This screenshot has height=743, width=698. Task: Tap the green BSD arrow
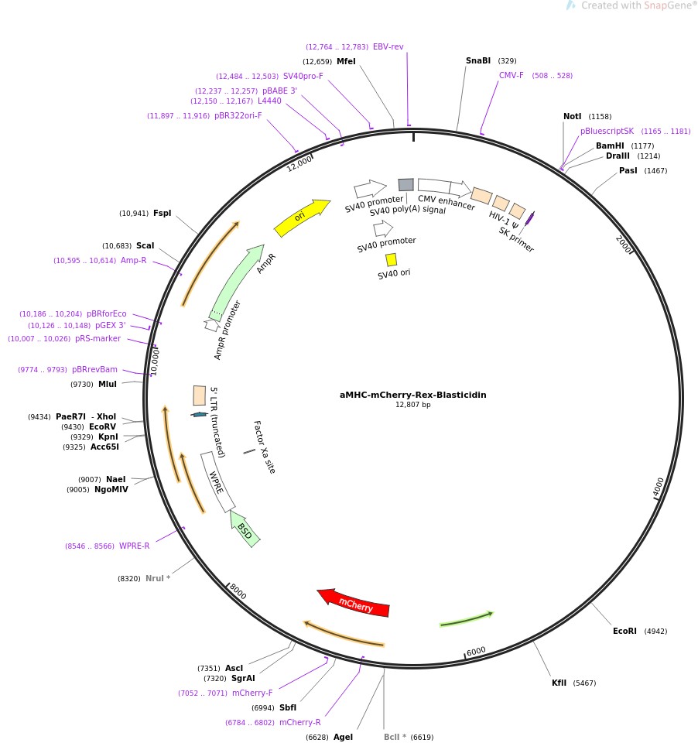point(245,530)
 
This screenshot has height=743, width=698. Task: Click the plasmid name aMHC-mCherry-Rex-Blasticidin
point(412,395)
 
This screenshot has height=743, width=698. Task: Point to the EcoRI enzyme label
point(624,631)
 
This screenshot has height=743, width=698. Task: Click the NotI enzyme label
point(572,116)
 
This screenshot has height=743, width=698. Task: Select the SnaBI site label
point(477,60)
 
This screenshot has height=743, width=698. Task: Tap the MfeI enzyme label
point(346,61)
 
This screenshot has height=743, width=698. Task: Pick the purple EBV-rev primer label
point(388,46)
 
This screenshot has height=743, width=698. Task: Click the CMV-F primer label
point(511,75)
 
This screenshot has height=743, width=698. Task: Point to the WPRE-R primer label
point(134,546)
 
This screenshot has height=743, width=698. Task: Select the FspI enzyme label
point(163,213)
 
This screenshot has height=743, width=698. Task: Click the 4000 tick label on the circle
point(658,487)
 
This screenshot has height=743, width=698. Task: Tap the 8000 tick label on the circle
point(238,591)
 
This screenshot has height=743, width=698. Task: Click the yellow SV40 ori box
point(391,259)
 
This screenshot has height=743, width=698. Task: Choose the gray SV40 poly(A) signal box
point(406,184)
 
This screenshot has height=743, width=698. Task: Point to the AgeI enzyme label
point(343,737)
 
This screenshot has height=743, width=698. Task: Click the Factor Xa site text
point(264,447)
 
